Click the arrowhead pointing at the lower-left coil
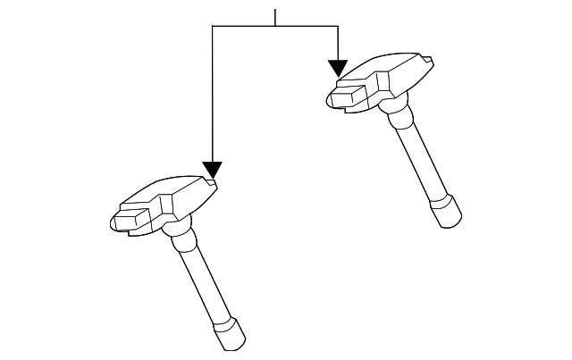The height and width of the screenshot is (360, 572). coord(212,169)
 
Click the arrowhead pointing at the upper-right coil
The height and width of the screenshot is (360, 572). coord(338,67)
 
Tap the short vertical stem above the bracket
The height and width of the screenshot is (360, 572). coord(275,17)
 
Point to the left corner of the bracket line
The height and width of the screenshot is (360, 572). coord(212,27)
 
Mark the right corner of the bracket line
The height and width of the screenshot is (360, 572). coord(338,27)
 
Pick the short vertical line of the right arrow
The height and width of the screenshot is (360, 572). coord(338,43)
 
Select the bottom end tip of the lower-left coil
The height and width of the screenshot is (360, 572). coord(228,337)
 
